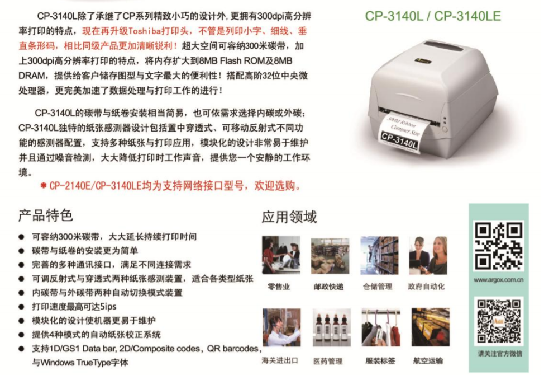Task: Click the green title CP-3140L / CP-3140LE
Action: [x=433, y=16]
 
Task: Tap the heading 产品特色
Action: [x=45, y=215]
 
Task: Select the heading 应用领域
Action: [x=289, y=217]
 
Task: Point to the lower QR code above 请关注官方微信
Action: [x=499, y=321]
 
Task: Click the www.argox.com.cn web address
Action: [x=499, y=280]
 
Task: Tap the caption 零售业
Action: [x=279, y=287]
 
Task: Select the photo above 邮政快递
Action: [x=330, y=256]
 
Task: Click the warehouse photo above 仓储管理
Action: [x=379, y=255]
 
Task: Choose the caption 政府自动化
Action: [x=426, y=287]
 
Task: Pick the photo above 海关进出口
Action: [x=281, y=327]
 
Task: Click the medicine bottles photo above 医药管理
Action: [x=331, y=327]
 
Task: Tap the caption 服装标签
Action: [x=380, y=361]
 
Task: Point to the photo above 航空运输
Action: [x=430, y=327]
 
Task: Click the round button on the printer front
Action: [x=445, y=130]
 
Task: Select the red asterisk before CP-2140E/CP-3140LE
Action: [x=44, y=186]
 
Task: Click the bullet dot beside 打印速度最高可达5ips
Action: [x=22, y=307]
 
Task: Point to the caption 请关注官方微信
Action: [x=499, y=354]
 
